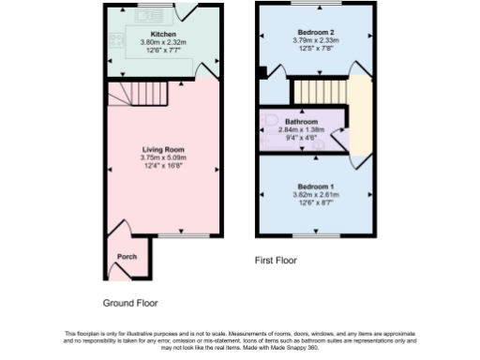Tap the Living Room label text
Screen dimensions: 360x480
point(162,149)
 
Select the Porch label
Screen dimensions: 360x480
point(126,257)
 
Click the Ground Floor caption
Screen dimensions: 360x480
point(130,303)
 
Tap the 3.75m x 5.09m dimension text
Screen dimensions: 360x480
point(162,157)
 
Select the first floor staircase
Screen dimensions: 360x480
point(320,92)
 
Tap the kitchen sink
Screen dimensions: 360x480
point(148,16)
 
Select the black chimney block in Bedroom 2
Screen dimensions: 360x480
point(262,71)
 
